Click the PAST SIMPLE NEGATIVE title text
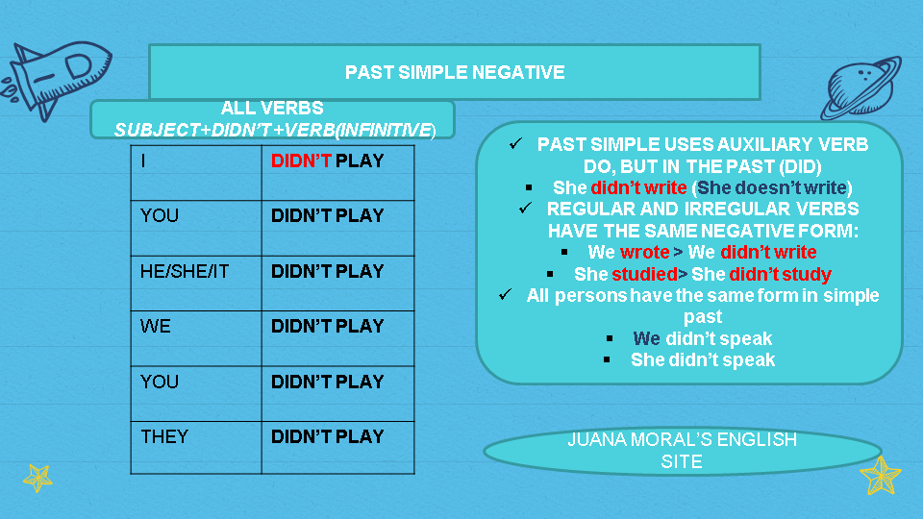tap(455, 72)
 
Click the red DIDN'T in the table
tap(301, 161)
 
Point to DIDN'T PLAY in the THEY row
tap(327, 436)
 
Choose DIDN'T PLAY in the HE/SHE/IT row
tap(327, 271)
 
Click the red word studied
tap(645, 274)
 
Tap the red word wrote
tap(644, 252)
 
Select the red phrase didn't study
tap(781, 274)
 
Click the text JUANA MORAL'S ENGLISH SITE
tap(682, 450)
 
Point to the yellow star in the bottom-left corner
tap(38, 477)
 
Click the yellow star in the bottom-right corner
tap(880, 474)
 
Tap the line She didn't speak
tap(702, 360)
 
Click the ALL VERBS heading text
tap(272, 109)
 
